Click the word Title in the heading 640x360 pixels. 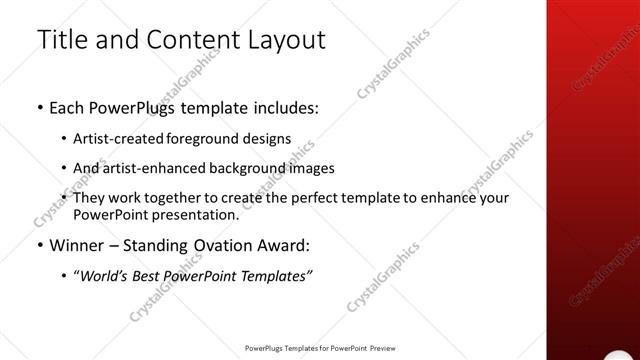pos(62,41)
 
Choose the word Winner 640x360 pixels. pos(78,245)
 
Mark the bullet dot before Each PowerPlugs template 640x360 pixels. pos(38,108)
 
